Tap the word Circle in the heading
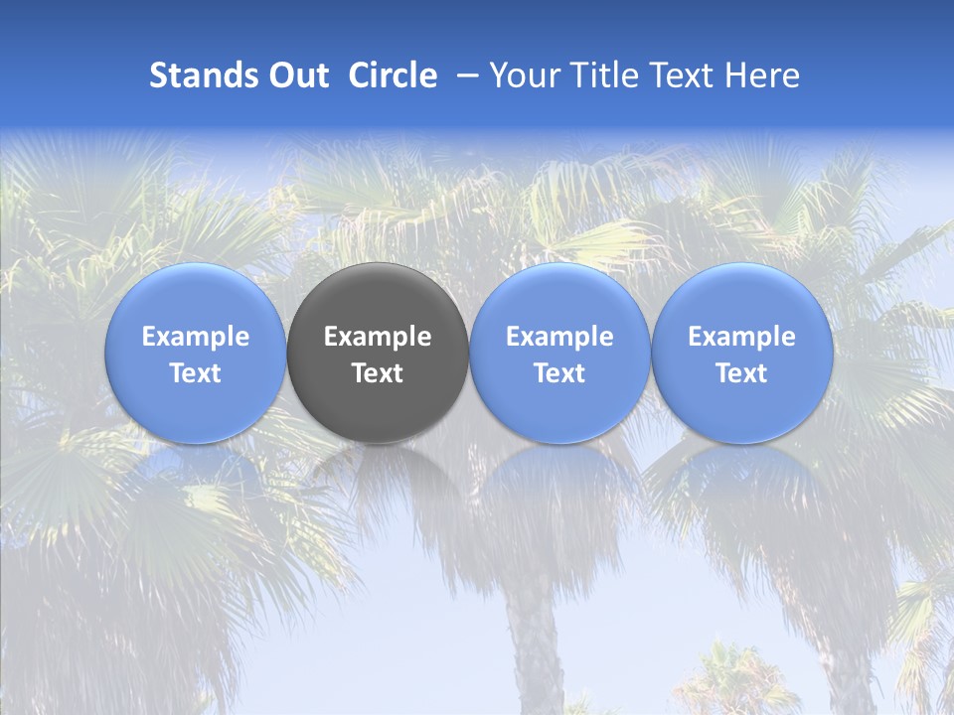click(x=393, y=75)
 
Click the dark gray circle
click(x=378, y=407)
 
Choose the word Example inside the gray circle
click(x=378, y=337)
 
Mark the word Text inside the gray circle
click(x=378, y=373)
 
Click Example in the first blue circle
click(x=196, y=337)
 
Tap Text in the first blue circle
click(x=196, y=373)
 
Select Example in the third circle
click(x=559, y=337)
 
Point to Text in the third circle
click(x=559, y=373)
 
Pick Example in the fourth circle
click(x=741, y=337)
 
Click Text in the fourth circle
click(x=741, y=373)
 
